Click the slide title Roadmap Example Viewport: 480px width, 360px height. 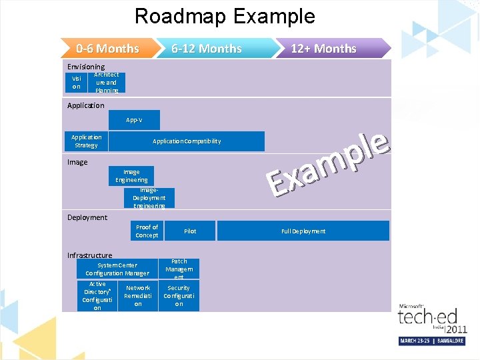coord(225,16)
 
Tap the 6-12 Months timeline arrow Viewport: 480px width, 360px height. coord(207,49)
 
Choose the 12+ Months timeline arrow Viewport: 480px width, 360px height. coord(323,49)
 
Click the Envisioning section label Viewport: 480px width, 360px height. coord(86,67)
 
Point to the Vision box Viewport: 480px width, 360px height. coord(76,83)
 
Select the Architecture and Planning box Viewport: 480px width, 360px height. coord(107,83)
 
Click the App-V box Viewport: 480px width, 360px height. coord(134,120)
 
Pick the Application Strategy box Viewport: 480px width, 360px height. coord(86,141)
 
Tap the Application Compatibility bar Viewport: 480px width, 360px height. coord(187,141)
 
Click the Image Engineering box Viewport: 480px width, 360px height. coord(131,176)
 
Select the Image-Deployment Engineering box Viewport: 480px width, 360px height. coord(149,198)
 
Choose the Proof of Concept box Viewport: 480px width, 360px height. coord(147,231)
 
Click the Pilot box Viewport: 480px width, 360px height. coord(190,231)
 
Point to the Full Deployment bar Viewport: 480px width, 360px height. coord(303,231)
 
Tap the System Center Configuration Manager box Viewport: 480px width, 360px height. coord(117,269)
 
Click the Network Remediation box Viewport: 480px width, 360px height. coord(138,296)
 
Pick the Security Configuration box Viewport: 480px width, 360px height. coord(179,296)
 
